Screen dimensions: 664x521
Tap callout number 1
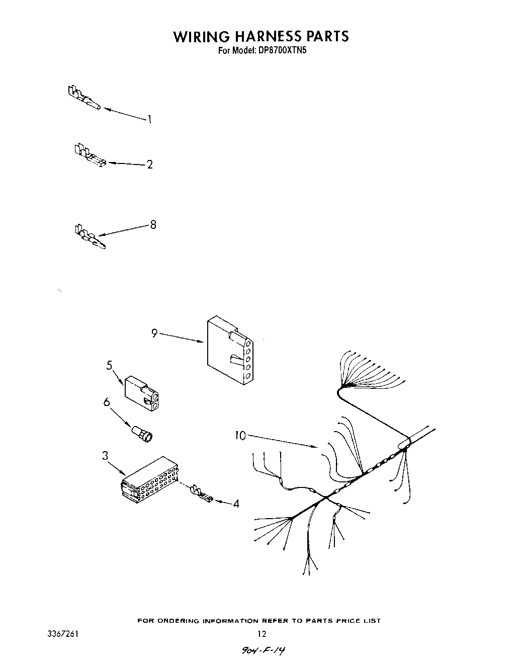coord(149,119)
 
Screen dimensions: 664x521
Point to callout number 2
coord(149,164)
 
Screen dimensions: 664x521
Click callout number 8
coord(153,225)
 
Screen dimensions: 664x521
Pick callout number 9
coord(154,333)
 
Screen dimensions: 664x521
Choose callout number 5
coord(109,366)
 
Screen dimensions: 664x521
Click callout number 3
coord(105,456)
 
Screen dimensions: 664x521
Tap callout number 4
coord(236,503)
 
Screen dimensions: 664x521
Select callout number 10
coord(240,436)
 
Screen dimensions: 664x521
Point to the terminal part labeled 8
coord(89,237)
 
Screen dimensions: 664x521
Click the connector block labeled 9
coord(229,348)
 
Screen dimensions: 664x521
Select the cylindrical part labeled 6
coord(142,434)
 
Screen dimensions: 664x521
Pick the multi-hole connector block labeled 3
coord(150,479)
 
